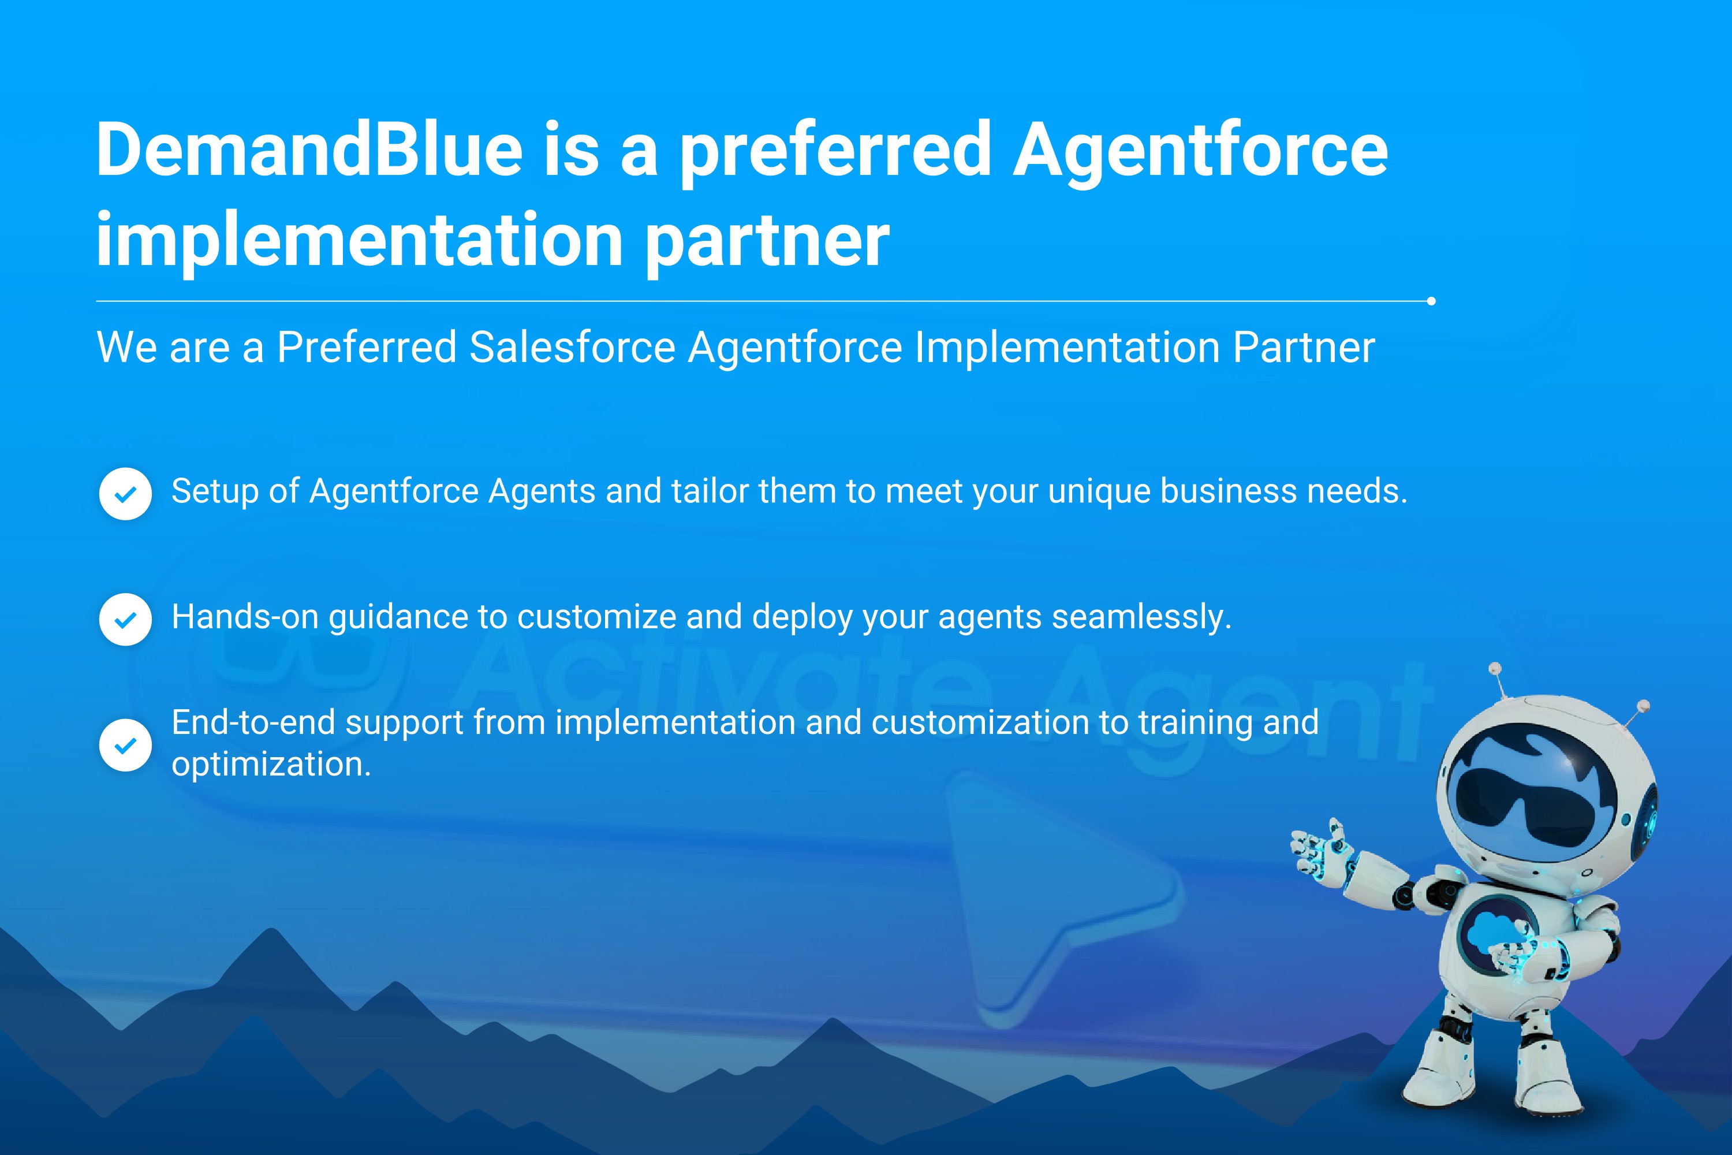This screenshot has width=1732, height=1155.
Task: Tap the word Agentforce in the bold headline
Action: [1200, 152]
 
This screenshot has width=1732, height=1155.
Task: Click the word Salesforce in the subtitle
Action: [572, 347]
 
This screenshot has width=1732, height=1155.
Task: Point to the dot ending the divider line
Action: [1431, 300]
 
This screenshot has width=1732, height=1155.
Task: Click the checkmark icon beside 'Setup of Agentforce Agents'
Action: [126, 494]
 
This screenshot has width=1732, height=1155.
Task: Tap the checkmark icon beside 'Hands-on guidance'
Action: [126, 620]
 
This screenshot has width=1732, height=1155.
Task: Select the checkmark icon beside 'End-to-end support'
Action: [126, 745]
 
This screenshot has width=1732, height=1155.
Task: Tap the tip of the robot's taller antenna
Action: [1495, 668]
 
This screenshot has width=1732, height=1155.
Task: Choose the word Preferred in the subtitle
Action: [367, 347]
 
